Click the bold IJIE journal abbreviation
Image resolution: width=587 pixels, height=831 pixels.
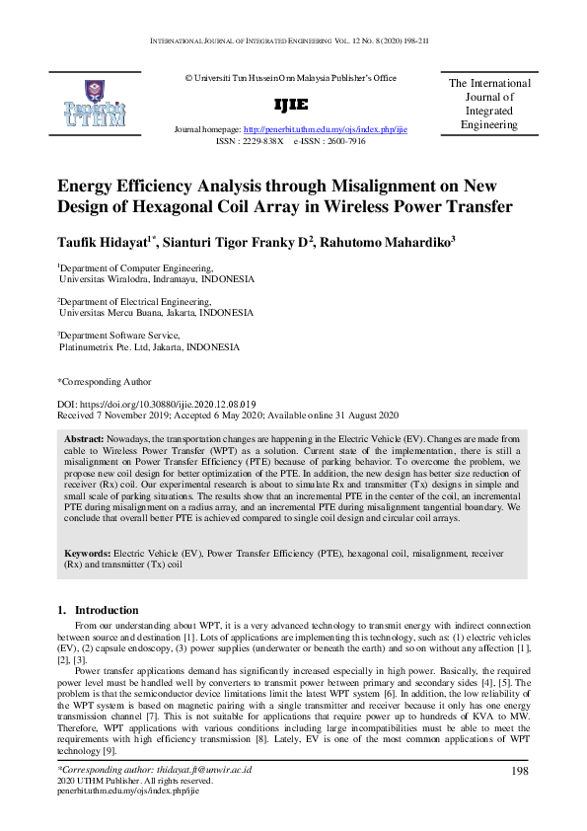coord(294,105)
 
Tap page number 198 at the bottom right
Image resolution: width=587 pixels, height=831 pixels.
coord(521,771)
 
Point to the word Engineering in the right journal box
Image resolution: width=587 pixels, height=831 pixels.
coord(489,125)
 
